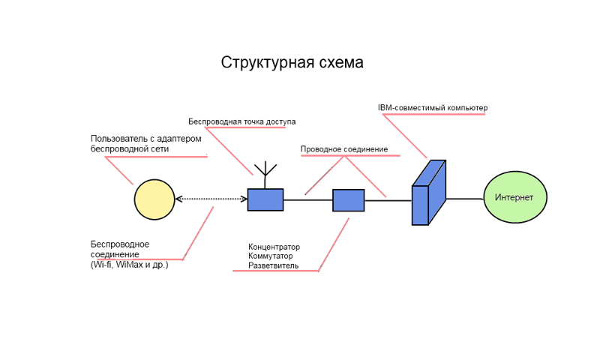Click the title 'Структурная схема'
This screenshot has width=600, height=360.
[x=292, y=62]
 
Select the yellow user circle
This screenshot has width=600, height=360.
[x=154, y=199]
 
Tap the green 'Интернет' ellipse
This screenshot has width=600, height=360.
[x=514, y=197]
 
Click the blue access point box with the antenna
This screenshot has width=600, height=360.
[x=265, y=199]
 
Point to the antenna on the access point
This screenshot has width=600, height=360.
[x=265, y=172]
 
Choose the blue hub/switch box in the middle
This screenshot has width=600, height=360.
[x=348, y=200]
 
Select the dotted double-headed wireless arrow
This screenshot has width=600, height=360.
[x=211, y=199]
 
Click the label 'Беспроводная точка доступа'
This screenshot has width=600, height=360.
[x=241, y=121]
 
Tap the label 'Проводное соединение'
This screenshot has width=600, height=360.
[x=343, y=149]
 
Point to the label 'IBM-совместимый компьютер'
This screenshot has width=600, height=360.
[x=433, y=108]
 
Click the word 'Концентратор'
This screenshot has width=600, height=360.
[x=274, y=247]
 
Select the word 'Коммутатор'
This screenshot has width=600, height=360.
[x=271, y=256]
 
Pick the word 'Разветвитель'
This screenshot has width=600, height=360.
[x=273, y=265]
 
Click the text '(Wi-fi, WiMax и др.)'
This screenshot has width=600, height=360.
[x=129, y=265]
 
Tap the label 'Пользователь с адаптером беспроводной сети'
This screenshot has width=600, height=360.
[x=145, y=144]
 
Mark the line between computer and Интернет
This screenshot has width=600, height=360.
[x=465, y=199]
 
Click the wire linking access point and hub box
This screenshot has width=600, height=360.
[x=307, y=199]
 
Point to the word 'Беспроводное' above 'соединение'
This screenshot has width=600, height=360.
[x=120, y=244]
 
